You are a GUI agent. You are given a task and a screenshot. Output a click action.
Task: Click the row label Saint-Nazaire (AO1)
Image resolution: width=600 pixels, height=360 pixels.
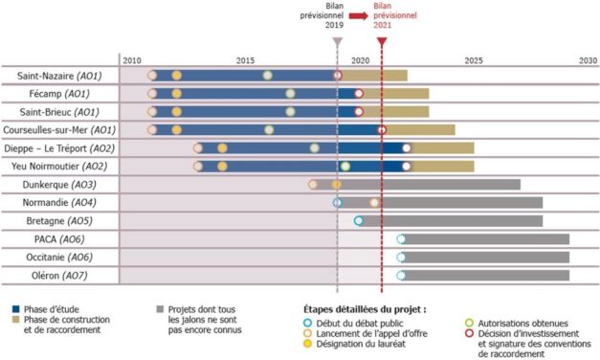[59, 75]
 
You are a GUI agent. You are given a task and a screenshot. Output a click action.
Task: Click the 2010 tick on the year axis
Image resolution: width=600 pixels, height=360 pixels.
[132, 59]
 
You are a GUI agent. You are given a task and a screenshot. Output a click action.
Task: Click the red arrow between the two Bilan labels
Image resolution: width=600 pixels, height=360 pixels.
[359, 16]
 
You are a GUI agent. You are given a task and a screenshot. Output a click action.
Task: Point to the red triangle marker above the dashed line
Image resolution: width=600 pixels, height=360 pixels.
[382, 42]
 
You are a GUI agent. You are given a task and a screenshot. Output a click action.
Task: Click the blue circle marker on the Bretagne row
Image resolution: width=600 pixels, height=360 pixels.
[359, 221]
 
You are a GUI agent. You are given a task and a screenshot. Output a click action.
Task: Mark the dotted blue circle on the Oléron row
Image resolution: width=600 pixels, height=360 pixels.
[401, 276]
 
